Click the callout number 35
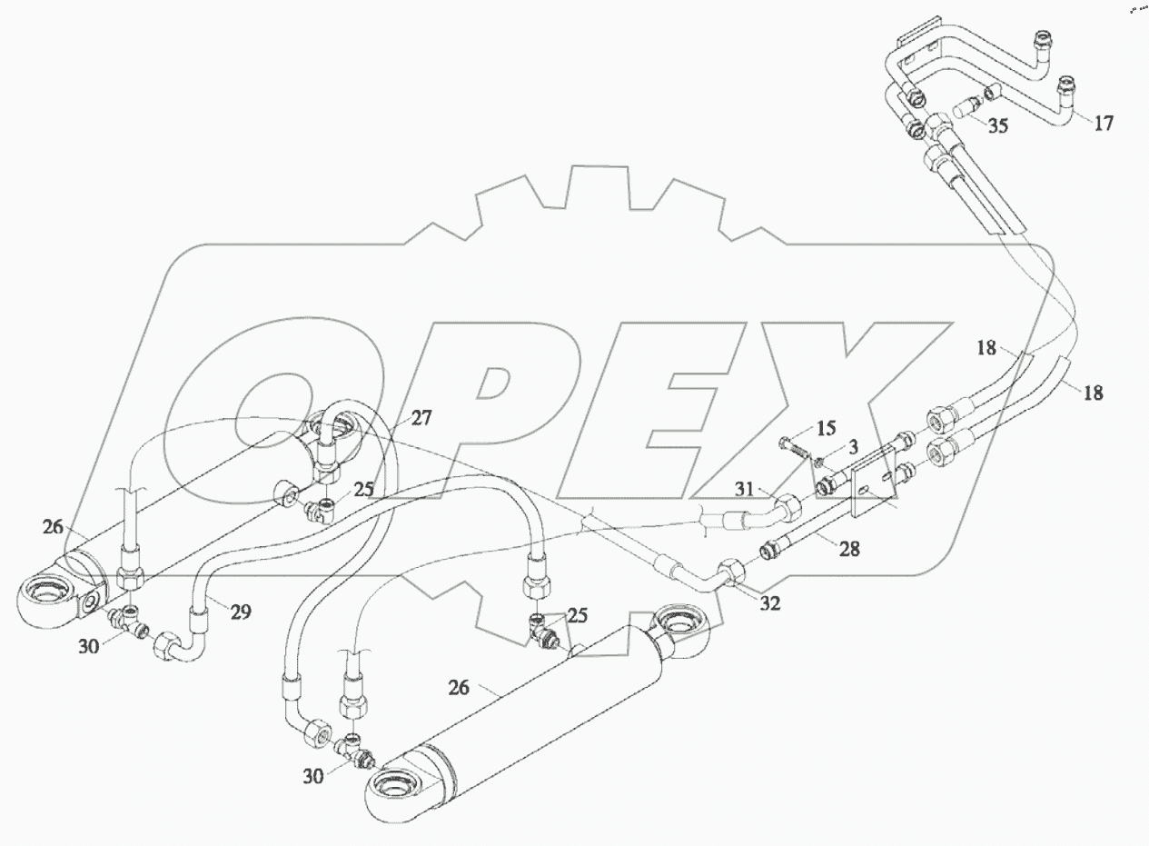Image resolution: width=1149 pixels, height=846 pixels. pyautogui.click(x=997, y=125)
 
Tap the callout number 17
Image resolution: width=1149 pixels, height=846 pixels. pyautogui.click(x=1103, y=123)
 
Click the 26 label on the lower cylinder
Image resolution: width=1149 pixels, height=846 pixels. pyautogui.click(x=459, y=687)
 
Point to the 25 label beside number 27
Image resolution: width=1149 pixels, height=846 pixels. pyautogui.click(x=364, y=489)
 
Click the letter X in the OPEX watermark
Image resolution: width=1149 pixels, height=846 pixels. pyautogui.click(x=799, y=409)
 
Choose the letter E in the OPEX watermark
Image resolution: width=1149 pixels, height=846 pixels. pyautogui.click(x=636, y=409)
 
